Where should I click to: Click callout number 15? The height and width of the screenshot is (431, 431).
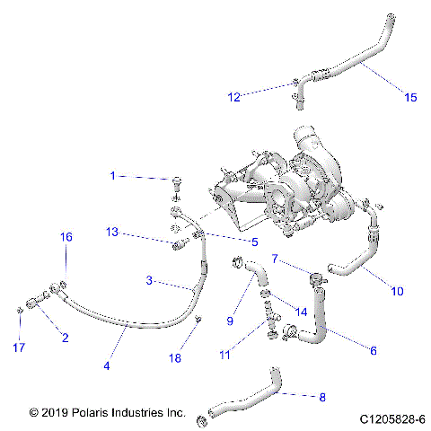tap(410, 97)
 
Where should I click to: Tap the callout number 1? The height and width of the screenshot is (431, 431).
tap(113, 175)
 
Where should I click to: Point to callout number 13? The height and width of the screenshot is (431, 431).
tap(111, 233)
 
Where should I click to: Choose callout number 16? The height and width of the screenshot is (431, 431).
tap(66, 237)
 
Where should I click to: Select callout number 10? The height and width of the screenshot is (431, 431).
tap(397, 290)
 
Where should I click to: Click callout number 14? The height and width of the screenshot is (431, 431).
tap(301, 312)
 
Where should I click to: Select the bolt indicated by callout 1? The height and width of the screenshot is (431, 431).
tap(176, 181)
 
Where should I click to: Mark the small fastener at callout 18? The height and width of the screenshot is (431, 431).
tap(198, 320)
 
